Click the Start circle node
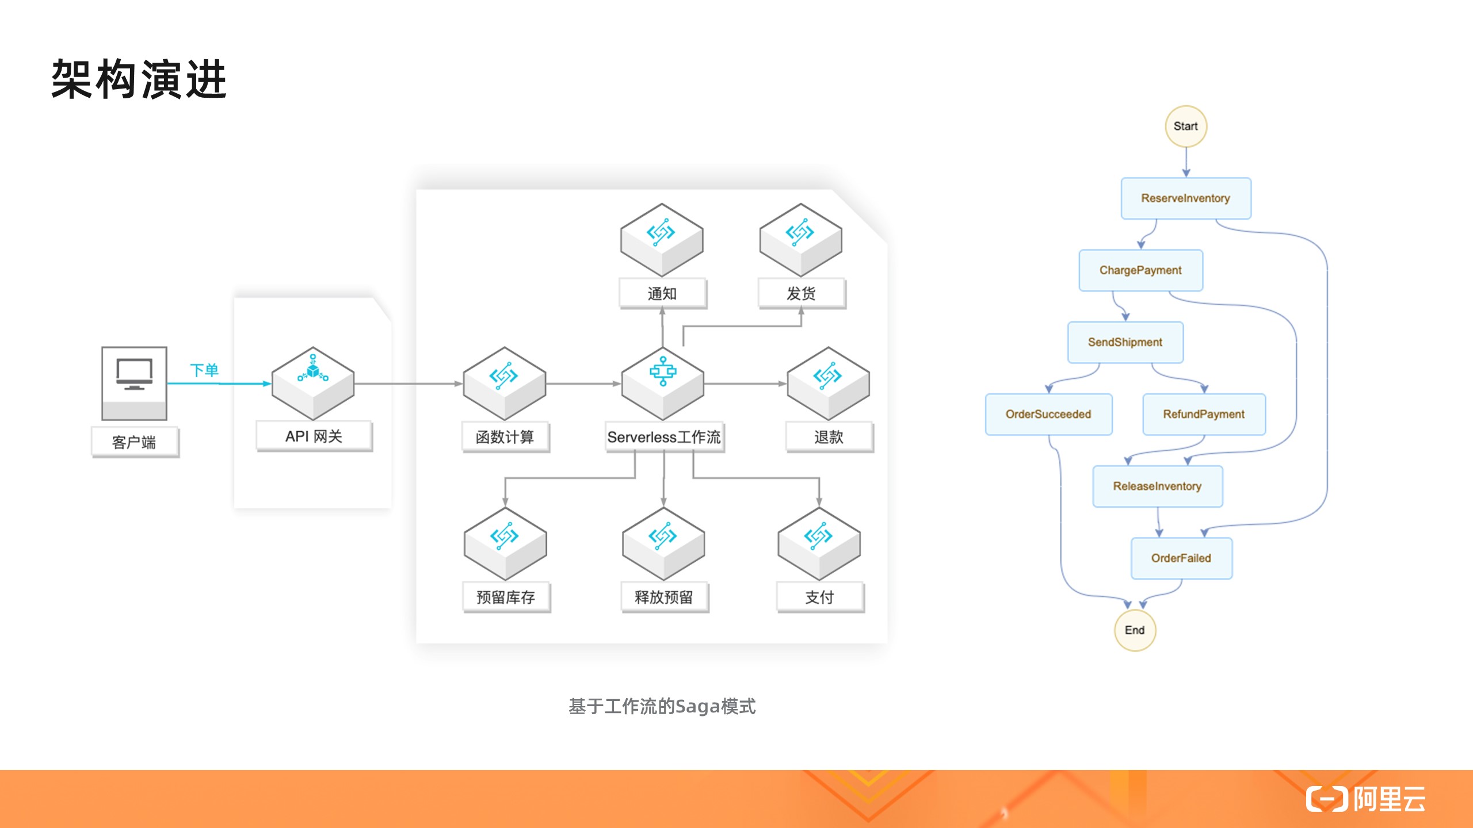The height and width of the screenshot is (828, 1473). coord(1185,126)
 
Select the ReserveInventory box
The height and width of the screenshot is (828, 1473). coord(1185,198)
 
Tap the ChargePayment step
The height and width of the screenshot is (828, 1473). coord(1140,270)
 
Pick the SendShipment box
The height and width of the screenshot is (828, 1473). coord(1125,342)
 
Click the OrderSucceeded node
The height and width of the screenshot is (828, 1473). coord(1048,414)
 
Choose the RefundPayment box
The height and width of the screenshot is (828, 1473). coord(1204,414)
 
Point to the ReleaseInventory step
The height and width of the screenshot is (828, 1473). coord(1157,486)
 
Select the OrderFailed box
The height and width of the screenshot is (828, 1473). coord(1181,558)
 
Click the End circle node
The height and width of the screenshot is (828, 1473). coord(1135,630)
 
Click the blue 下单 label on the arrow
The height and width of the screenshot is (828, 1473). coord(204,370)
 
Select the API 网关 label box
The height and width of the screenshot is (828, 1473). coord(314,436)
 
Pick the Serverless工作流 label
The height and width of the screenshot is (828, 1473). coord(664,438)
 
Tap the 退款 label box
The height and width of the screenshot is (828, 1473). coord(829,438)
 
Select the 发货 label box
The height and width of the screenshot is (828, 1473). coord(802,294)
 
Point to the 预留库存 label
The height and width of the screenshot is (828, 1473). coord(506,597)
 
